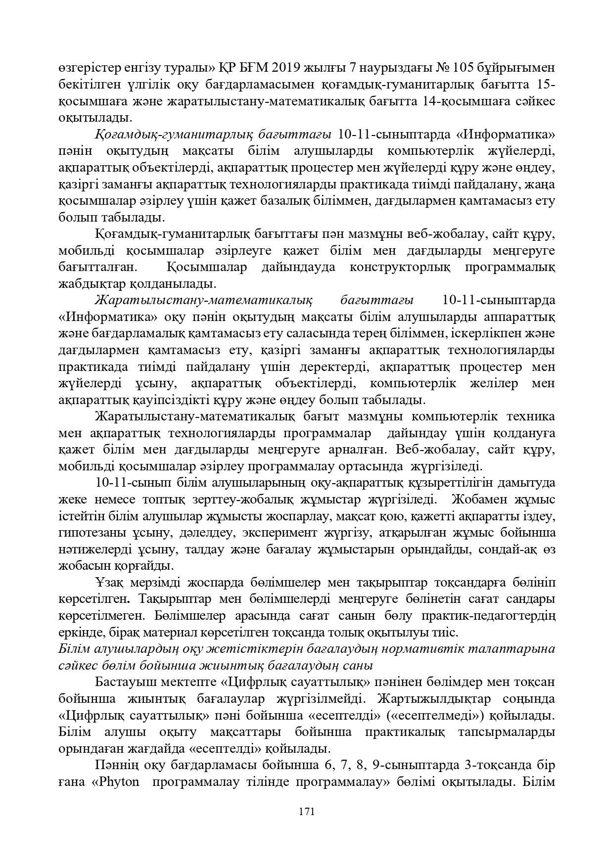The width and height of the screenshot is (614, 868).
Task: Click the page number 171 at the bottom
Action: (307, 812)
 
